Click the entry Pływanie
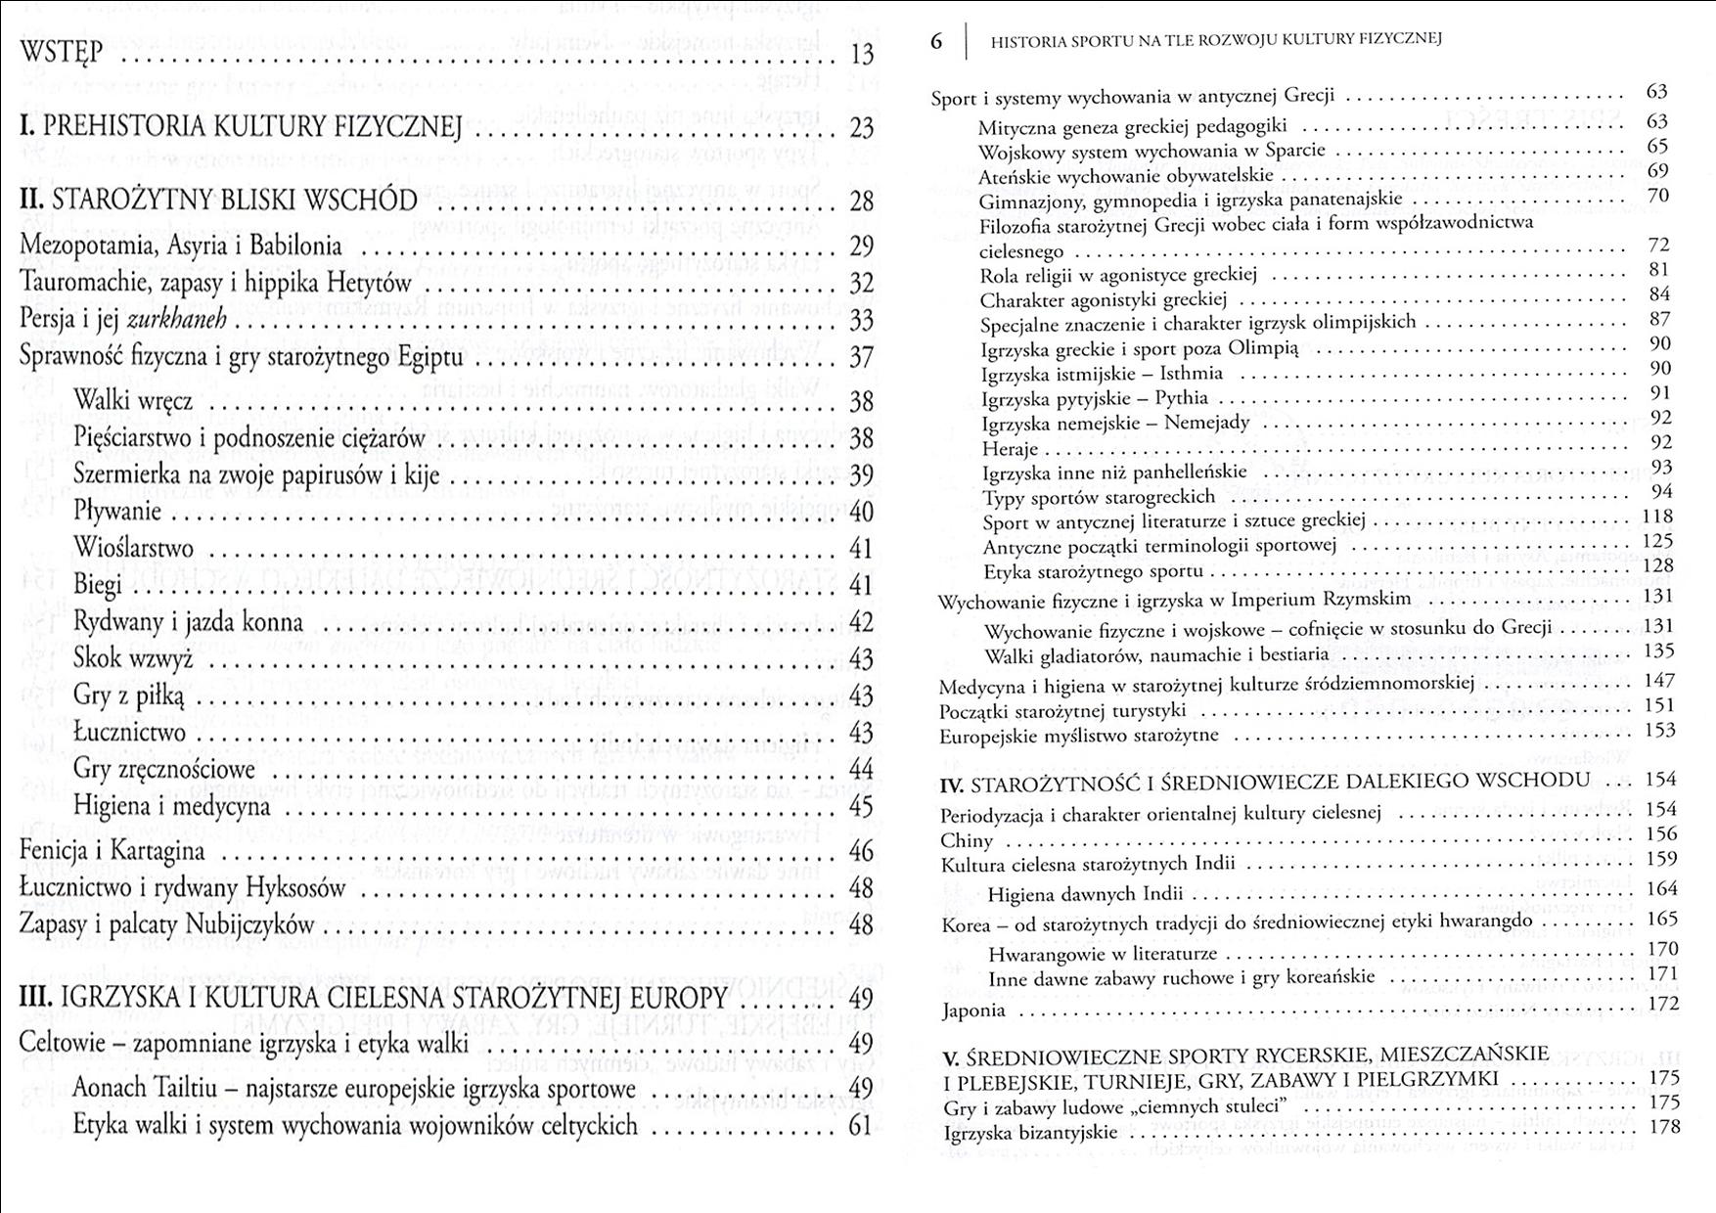(117, 511)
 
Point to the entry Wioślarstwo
(133, 548)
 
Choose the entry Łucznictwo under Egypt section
(129, 732)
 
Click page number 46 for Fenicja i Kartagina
(861, 851)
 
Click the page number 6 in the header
(936, 41)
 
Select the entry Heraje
(1010, 449)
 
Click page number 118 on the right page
(1657, 517)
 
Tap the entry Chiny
(967, 840)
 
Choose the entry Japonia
(973, 1011)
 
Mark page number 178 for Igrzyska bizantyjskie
(1663, 1127)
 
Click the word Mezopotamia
(82, 245)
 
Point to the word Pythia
(1181, 398)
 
